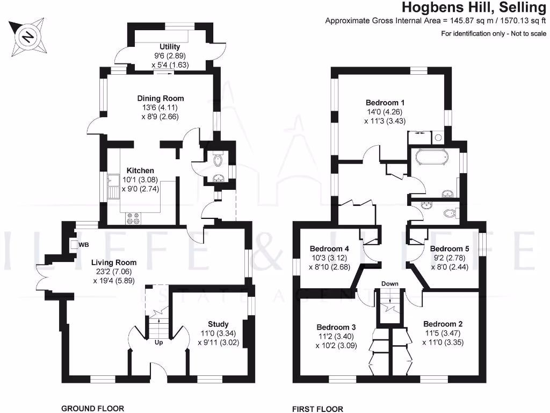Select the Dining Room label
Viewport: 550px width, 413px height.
pyautogui.click(x=161, y=98)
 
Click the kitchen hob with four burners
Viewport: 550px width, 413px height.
pyautogui.click(x=133, y=218)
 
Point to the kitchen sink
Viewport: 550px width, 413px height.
pyautogui.click(x=113, y=186)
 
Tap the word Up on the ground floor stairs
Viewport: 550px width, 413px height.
pyautogui.click(x=159, y=342)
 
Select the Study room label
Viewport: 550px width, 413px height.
pyautogui.click(x=218, y=324)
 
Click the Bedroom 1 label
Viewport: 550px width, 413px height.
pyautogui.click(x=385, y=103)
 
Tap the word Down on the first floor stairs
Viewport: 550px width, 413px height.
pyautogui.click(x=389, y=283)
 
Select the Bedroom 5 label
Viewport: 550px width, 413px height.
pyautogui.click(x=450, y=249)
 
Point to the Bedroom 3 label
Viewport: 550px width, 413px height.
pyautogui.click(x=336, y=327)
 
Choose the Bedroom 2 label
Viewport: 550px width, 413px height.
pyautogui.click(x=443, y=324)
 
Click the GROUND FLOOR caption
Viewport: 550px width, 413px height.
pyautogui.click(x=92, y=409)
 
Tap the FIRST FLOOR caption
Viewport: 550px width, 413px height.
pyautogui.click(x=317, y=409)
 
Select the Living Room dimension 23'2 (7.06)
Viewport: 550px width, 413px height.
pyautogui.click(x=113, y=272)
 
